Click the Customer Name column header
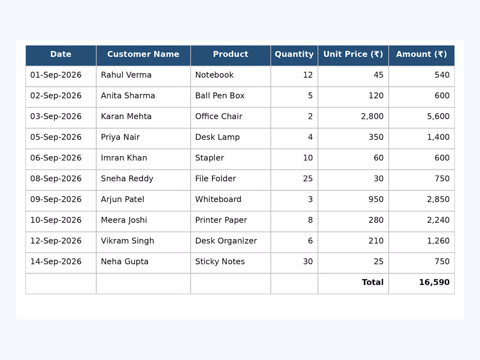pyautogui.click(x=143, y=54)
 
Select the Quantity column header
pyautogui.click(x=294, y=55)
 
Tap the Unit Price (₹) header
pyautogui.click(x=353, y=55)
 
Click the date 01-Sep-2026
pyautogui.click(x=56, y=75)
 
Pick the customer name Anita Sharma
pyautogui.click(x=128, y=96)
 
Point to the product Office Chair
pyautogui.click(x=219, y=117)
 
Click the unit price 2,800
pyautogui.click(x=372, y=117)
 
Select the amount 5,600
pyautogui.click(x=439, y=117)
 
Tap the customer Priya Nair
pyautogui.click(x=120, y=137)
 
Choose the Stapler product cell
pyautogui.click(x=209, y=158)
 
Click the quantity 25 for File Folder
pyautogui.click(x=308, y=179)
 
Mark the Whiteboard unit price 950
pyautogui.click(x=376, y=199)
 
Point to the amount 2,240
pyautogui.click(x=439, y=220)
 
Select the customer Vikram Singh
pyautogui.click(x=127, y=241)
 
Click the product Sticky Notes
pyautogui.click(x=220, y=262)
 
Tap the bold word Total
pyautogui.click(x=373, y=282)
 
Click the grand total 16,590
pyautogui.click(x=434, y=283)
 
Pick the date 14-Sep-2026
pyautogui.click(x=56, y=262)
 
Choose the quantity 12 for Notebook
pyautogui.click(x=308, y=75)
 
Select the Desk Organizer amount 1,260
pyautogui.click(x=439, y=241)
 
